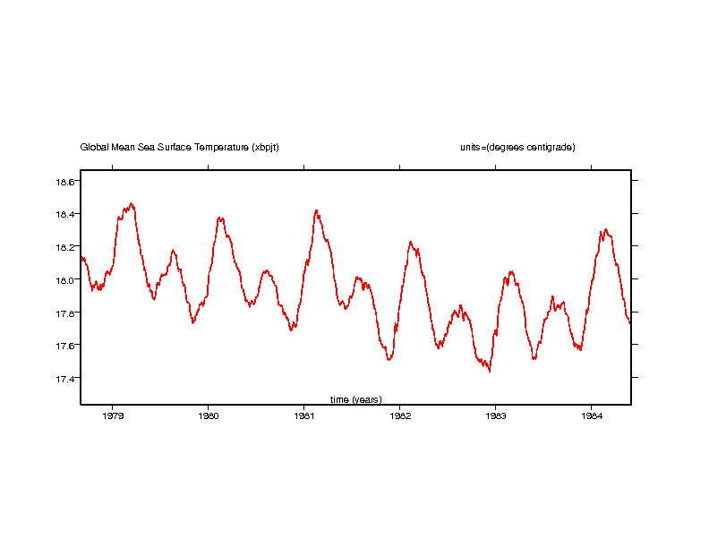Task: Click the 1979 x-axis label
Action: [113, 415]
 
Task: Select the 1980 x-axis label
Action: [209, 415]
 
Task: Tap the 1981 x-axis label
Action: [304, 415]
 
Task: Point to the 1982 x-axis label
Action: [400, 415]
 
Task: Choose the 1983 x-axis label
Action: [496, 415]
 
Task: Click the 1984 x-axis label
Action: [591, 415]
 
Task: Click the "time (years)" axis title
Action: [355, 399]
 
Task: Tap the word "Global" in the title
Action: [93, 147]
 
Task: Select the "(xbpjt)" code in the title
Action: [265, 147]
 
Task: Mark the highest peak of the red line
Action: [132, 203]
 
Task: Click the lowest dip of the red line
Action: [490, 371]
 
